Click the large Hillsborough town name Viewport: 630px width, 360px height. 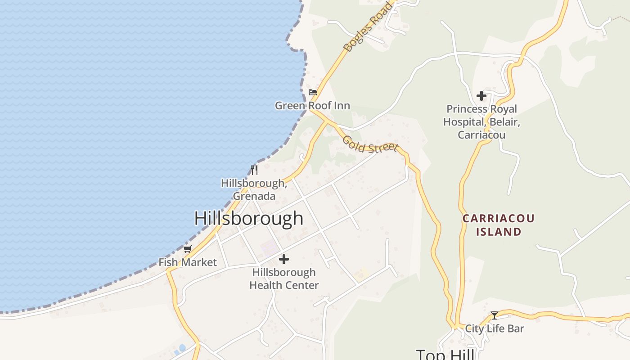tap(249, 219)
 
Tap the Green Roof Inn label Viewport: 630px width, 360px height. tap(312, 106)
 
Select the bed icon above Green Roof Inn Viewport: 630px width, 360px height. tap(313, 92)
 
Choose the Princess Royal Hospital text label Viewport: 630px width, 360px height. tap(481, 122)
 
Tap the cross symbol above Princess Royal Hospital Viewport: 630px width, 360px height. tap(481, 96)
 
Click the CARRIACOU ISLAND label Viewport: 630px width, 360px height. tap(499, 225)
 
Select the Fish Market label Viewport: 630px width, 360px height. tap(188, 262)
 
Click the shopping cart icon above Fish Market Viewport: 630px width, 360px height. tap(188, 249)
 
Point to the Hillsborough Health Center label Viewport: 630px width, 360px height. tap(284, 279)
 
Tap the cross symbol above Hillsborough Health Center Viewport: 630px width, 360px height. tap(284, 259)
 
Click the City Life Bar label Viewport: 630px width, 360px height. tap(495, 328)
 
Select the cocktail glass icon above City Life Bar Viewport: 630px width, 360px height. tap(495, 315)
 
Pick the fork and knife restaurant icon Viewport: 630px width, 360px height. tap(254, 170)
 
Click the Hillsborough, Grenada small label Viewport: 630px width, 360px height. tap(254, 189)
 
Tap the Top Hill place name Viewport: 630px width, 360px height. tap(445, 355)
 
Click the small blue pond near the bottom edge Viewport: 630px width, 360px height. tap(182, 348)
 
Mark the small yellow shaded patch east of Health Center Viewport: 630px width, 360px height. tap(361, 273)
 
